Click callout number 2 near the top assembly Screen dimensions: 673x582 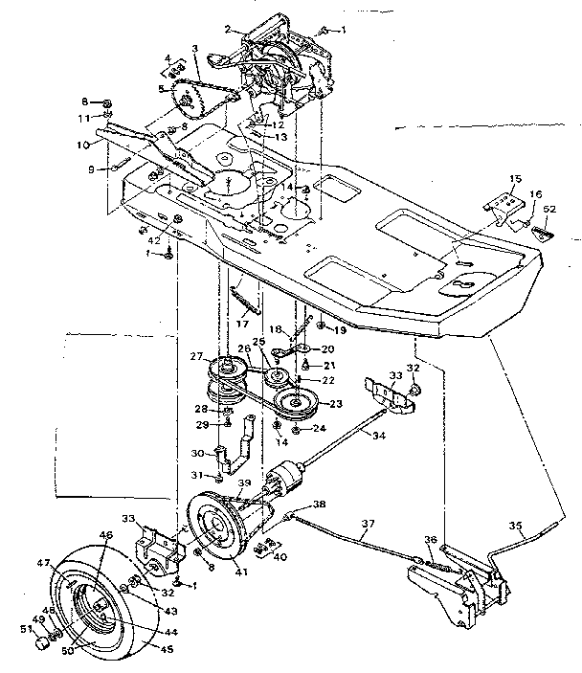[228, 29]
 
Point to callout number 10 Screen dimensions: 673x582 [84, 145]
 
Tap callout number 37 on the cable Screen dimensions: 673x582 [368, 525]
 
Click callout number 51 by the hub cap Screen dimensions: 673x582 [26, 628]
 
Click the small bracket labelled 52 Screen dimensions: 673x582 [543, 230]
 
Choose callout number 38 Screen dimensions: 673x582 [319, 504]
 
